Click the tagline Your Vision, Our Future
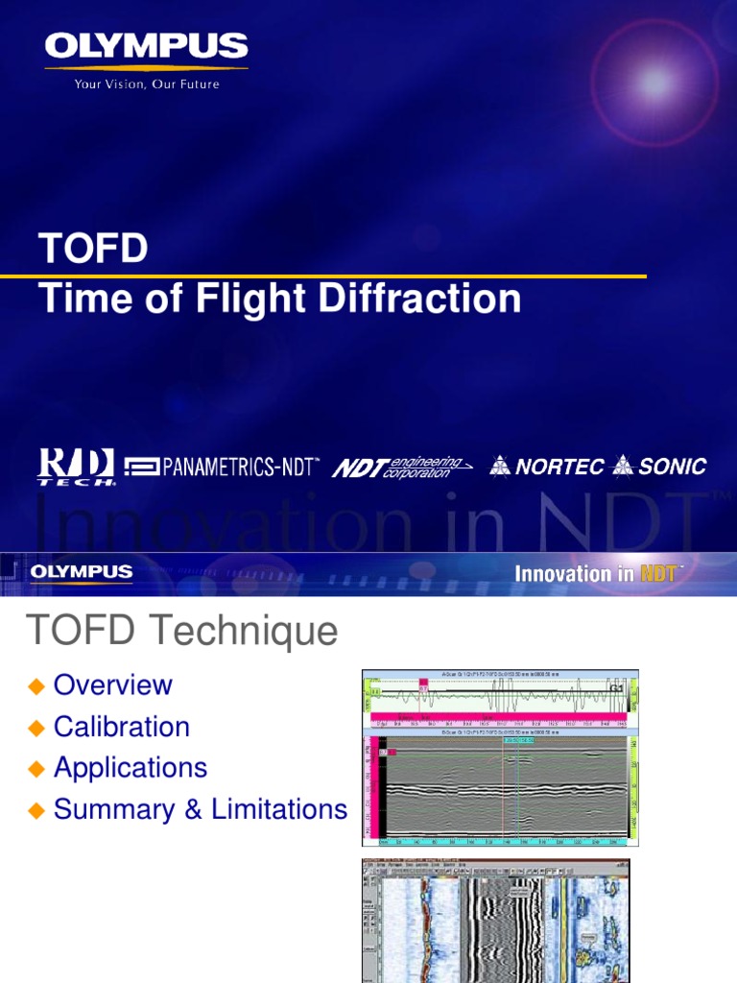coord(147,84)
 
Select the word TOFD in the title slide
coord(93,250)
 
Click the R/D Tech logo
coord(77,468)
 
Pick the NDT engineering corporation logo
coord(401,468)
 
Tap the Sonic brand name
coord(672,468)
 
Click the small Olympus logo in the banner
coord(82,573)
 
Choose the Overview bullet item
coord(113,685)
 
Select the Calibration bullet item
coord(122,727)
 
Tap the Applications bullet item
coord(131,768)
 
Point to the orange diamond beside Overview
coord(37,686)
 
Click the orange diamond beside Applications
coord(37,769)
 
